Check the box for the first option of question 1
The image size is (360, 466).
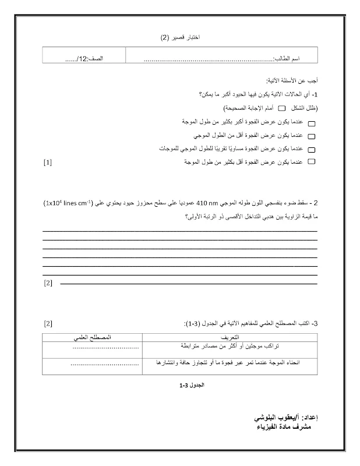coord(310,124)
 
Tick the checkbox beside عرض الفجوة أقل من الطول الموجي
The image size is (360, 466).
coord(310,137)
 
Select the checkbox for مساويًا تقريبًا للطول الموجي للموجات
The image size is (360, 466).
coord(310,149)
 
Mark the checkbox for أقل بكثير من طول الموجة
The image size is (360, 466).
coord(310,161)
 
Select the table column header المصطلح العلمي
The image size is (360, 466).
coord(92,337)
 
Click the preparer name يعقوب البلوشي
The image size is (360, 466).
coord(285,418)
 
